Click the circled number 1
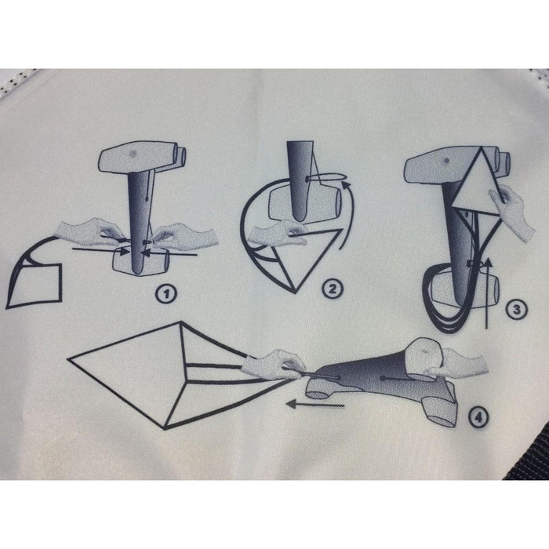(x=166, y=294)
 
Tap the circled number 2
(x=332, y=289)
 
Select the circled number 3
(x=516, y=310)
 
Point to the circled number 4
(x=478, y=416)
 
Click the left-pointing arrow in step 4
(x=314, y=405)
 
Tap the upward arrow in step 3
(x=487, y=293)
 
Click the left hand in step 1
(x=92, y=231)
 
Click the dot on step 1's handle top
(x=133, y=154)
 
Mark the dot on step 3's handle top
(x=446, y=161)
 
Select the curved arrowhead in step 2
(x=346, y=185)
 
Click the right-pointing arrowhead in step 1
(x=124, y=251)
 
